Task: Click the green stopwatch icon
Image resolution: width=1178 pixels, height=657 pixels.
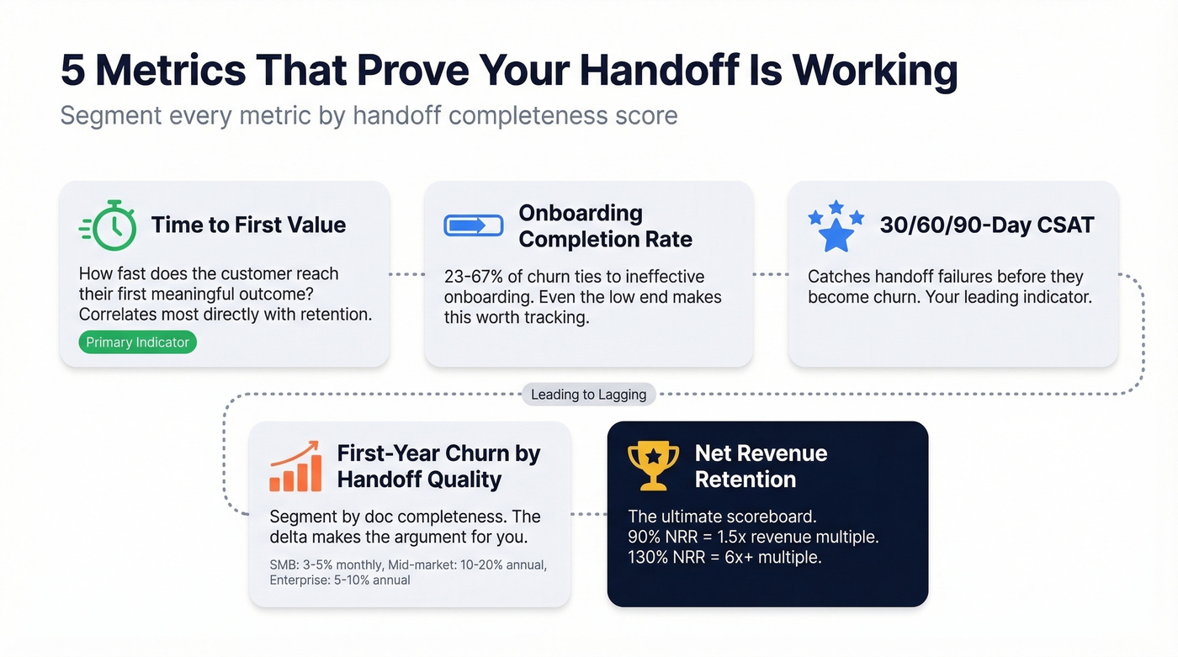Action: tap(109, 225)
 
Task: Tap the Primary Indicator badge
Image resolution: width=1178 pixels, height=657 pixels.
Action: tap(138, 342)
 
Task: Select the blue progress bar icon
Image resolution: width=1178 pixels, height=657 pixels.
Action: tap(473, 225)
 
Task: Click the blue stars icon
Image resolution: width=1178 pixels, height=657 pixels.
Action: tap(836, 225)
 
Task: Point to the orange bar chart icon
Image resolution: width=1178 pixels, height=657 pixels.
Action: tap(295, 466)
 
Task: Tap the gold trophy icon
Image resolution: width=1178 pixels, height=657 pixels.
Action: tap(653, 466)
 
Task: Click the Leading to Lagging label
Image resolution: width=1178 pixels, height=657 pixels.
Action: tap(588, 394)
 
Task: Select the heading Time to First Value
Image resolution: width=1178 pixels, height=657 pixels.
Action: tap(248, 225)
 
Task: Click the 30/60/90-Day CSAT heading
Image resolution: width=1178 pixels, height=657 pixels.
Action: tap(986, 225)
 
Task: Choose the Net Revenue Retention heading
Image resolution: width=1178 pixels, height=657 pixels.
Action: tap(761, 466)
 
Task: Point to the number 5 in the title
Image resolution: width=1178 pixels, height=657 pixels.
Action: tap(73, 71)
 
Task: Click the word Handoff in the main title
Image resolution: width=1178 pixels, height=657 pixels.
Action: tap(645, 71)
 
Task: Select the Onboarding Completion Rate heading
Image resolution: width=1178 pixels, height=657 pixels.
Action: tap(605, 225)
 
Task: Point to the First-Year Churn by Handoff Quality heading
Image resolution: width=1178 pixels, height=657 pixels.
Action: tap(438, 466)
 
